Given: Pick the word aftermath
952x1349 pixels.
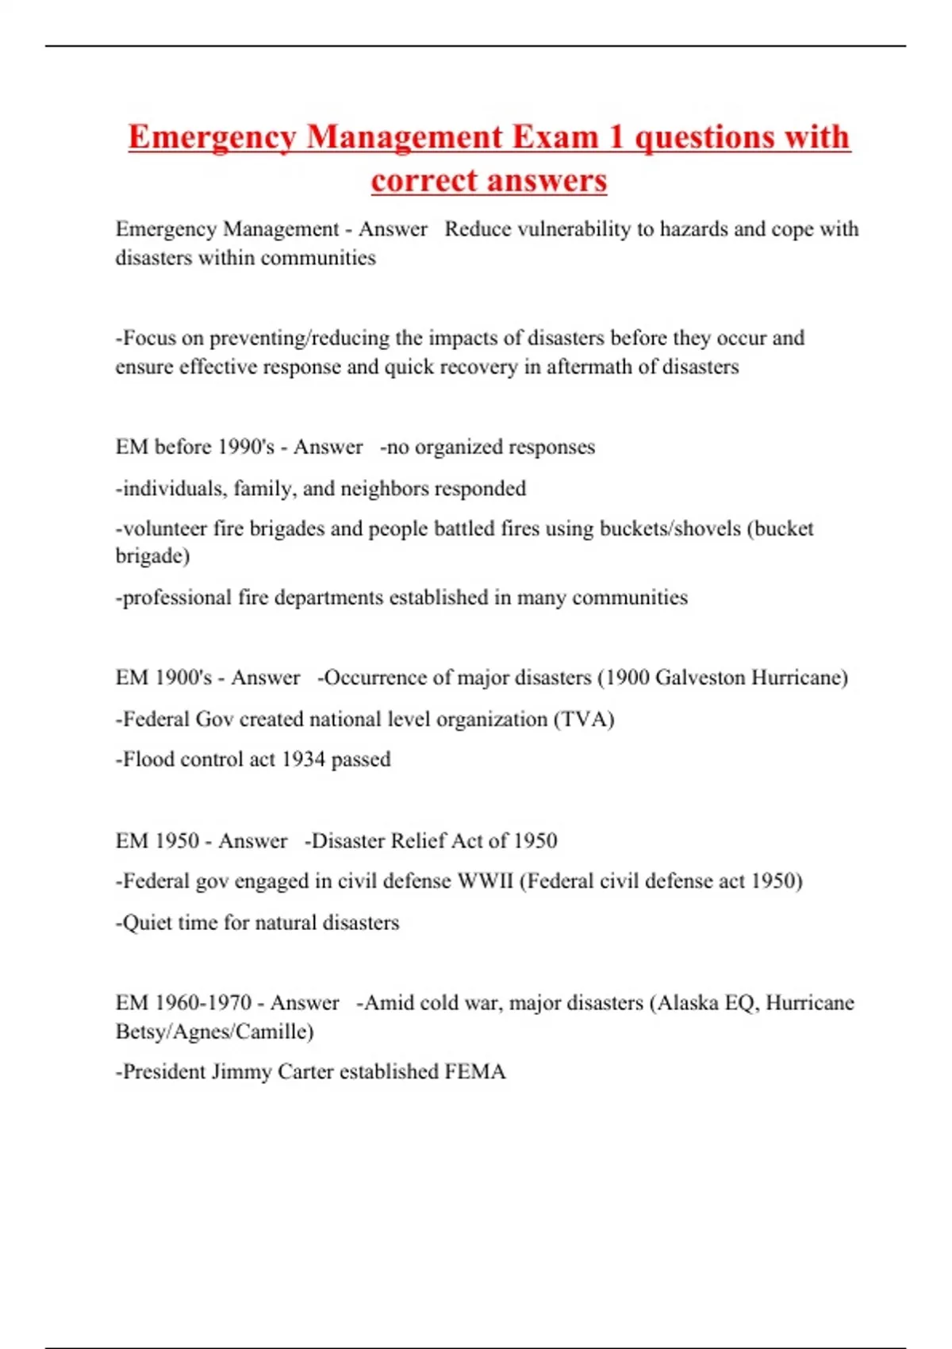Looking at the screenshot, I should (591, 367).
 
